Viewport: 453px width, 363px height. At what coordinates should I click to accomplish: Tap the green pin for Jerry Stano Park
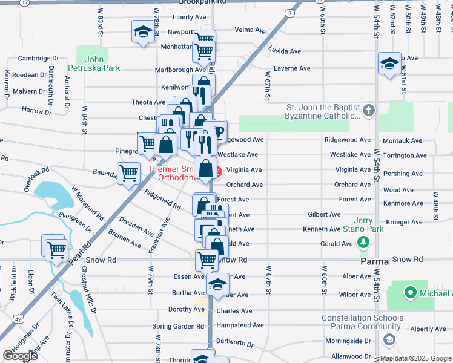363,243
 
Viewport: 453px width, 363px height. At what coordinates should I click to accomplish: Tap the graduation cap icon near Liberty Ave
143,32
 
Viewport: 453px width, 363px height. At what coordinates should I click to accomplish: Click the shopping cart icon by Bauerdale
128,174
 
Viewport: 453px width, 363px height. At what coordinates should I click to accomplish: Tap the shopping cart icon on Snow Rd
207,261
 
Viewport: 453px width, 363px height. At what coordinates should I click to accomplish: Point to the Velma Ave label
250,30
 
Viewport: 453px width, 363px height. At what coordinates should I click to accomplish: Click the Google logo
20,356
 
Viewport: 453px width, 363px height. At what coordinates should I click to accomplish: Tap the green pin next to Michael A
410,295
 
